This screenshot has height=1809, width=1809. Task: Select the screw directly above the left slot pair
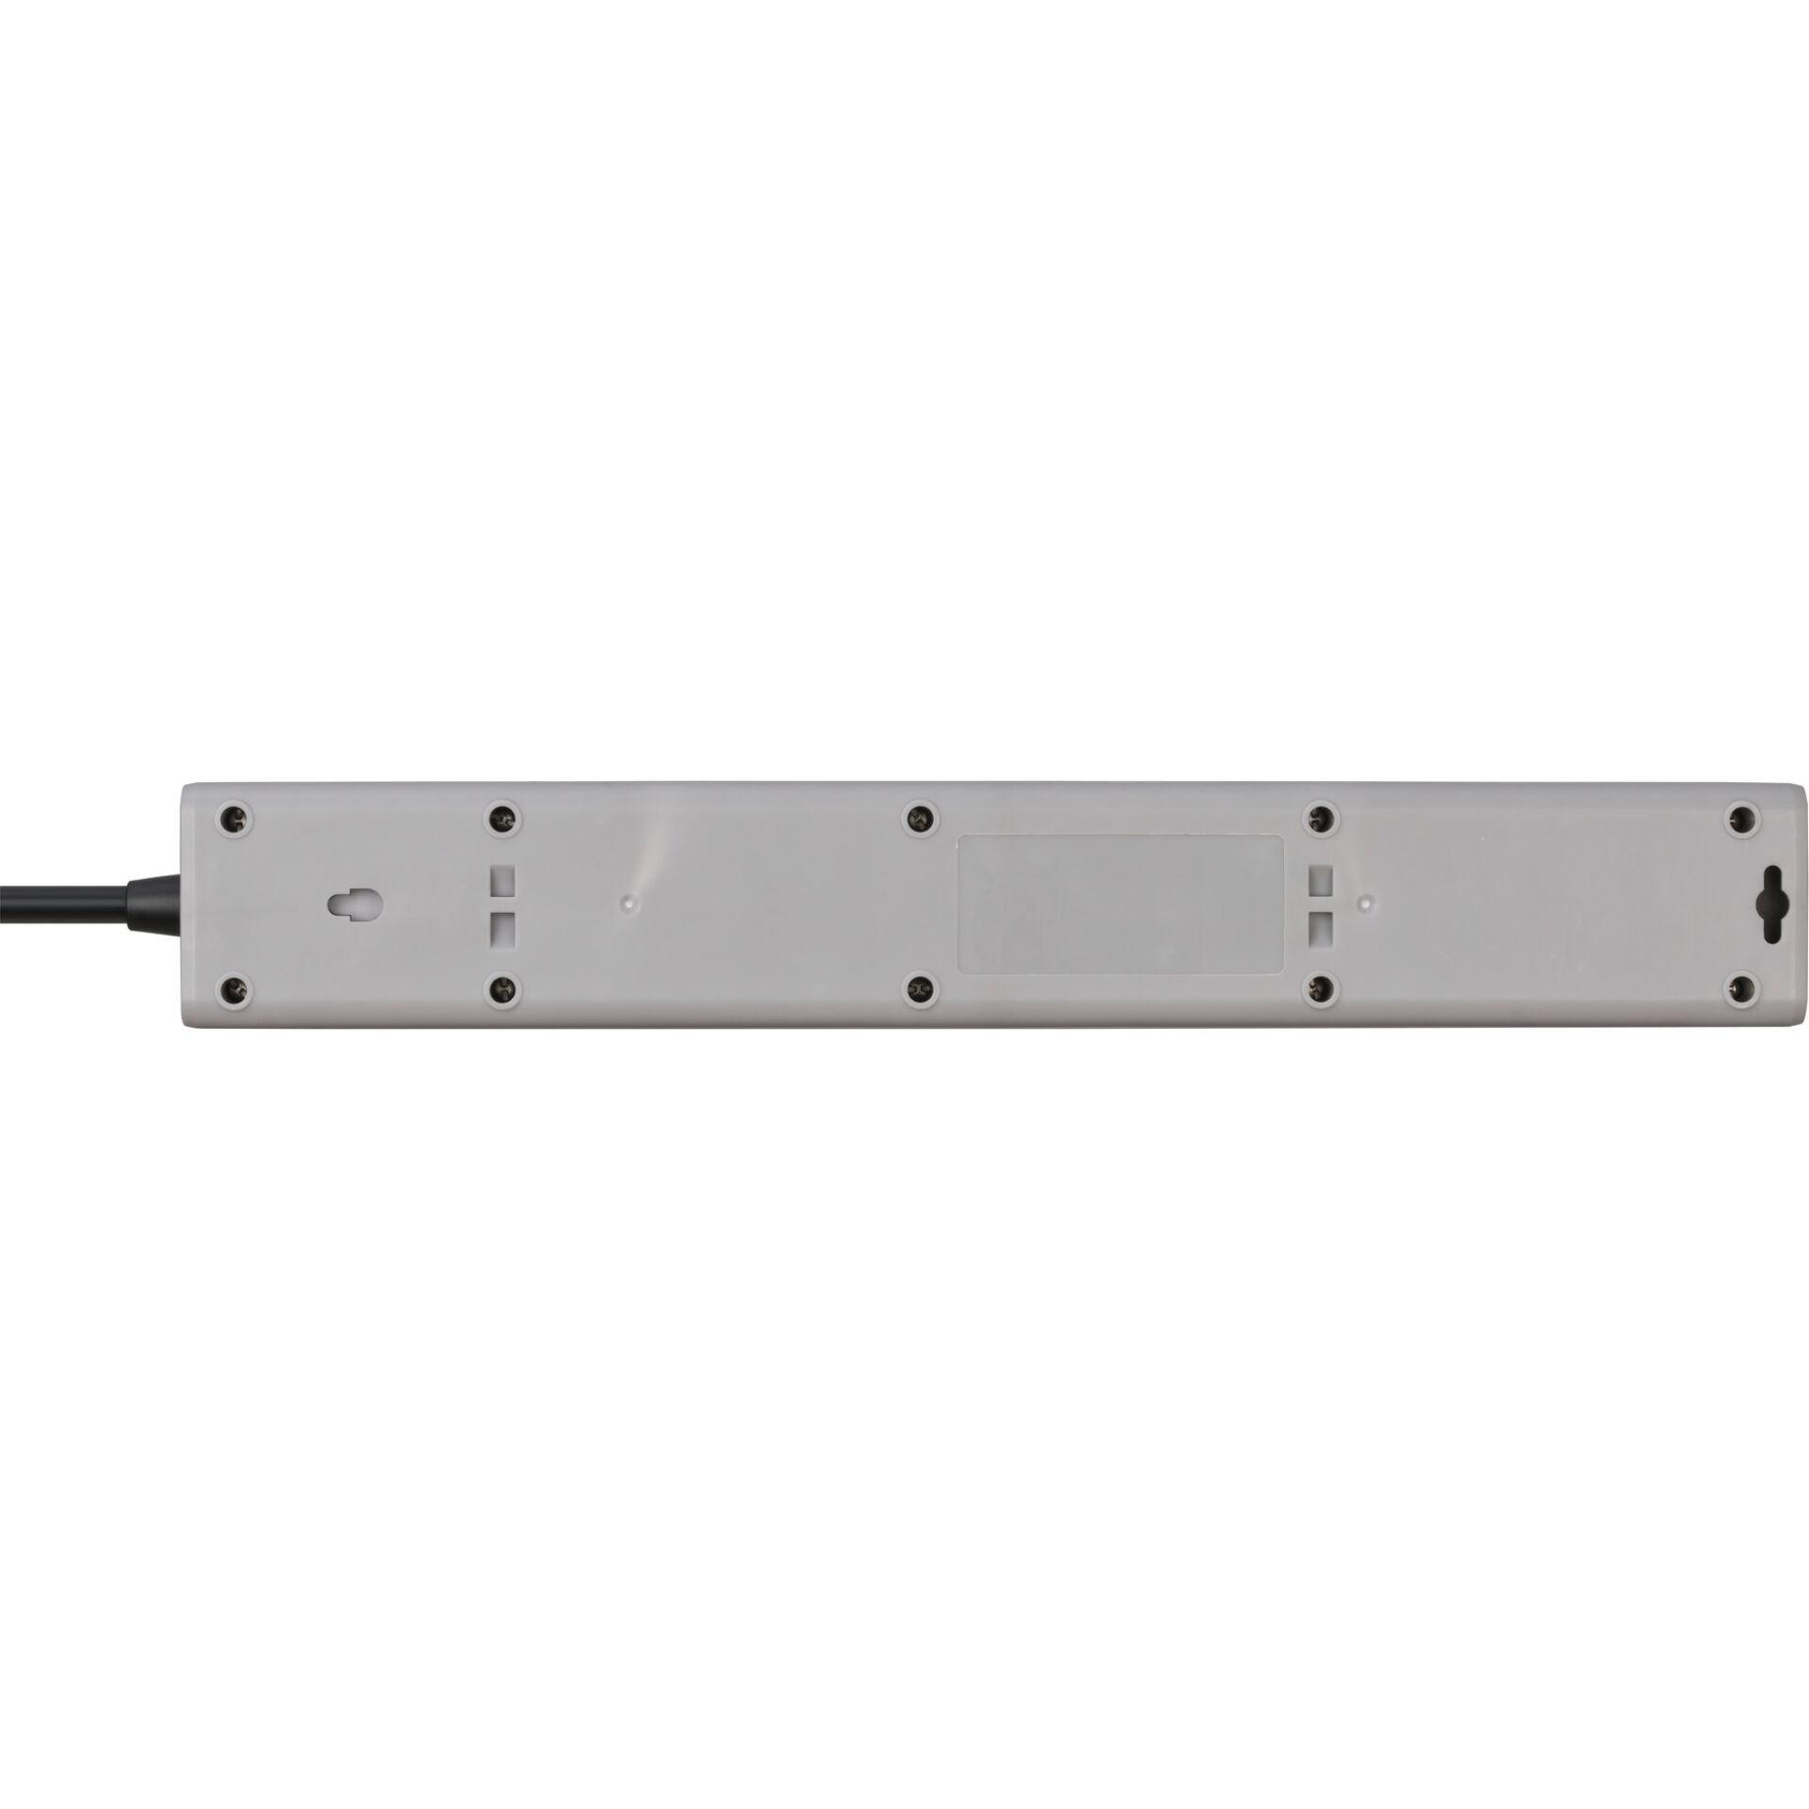tap(503, 819)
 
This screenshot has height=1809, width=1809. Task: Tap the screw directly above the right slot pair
tap(1323, 819)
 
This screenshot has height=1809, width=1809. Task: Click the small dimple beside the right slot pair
tap(1362, 902)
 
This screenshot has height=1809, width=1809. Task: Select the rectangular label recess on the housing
tap(1121, 904)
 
